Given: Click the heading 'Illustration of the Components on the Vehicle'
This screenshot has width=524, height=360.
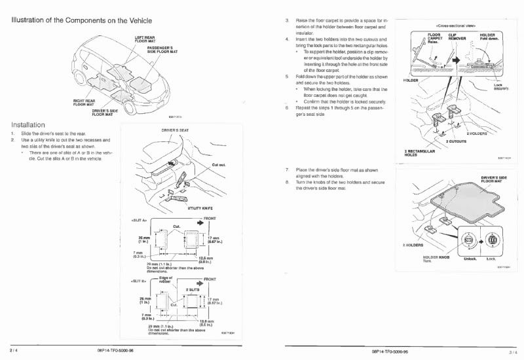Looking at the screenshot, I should [86, 20].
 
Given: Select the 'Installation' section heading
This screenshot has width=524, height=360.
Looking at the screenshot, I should [28, 124].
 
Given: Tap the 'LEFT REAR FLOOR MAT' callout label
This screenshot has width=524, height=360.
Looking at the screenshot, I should [145, 39].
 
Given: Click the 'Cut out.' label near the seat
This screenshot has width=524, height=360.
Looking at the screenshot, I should [219, 165].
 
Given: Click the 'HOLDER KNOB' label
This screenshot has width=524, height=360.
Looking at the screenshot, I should [436, 258].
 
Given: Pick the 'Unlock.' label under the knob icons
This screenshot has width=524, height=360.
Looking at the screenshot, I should [470, 259].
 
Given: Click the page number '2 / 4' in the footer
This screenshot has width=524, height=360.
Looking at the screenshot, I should [14, 351].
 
